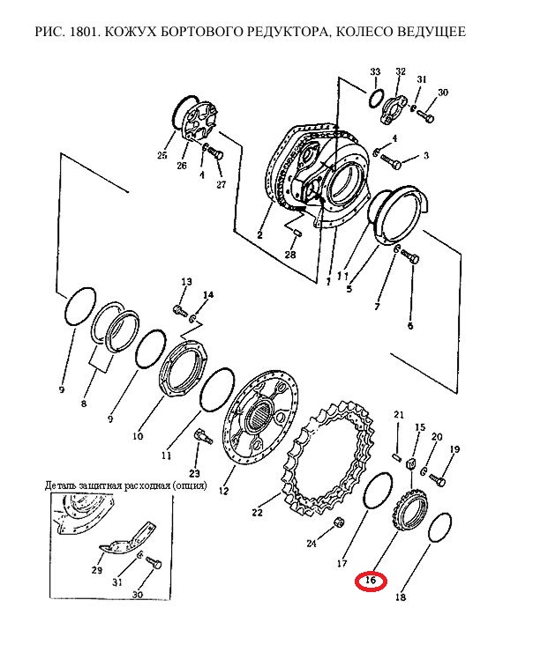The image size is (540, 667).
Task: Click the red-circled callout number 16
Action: click(x=371, y=581)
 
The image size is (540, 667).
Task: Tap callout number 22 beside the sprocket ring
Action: click(x=258, y=513)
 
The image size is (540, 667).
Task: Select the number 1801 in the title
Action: click(x=86, y=32)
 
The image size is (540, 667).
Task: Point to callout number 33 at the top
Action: click(x=375, y=71)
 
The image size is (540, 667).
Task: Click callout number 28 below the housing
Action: click(x=290, y=255)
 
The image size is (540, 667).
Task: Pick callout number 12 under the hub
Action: click(x=223, y=491)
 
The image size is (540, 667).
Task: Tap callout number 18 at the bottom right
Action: click(x=401, y=597)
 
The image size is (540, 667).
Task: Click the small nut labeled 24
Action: click(x=338, y=522)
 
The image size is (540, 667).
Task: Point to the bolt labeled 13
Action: click(x=180, y=310)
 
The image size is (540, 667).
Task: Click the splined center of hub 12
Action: click(x=259, y=416)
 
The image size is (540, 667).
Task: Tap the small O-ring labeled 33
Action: click(x=376, y=100)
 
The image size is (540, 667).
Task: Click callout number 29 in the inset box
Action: click(x=97, y=569)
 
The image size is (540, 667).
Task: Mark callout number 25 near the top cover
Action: click(x=161, y=155)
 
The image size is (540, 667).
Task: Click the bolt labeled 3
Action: click(x=391, y=160)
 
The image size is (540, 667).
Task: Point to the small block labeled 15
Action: click(x=412, y=464)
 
